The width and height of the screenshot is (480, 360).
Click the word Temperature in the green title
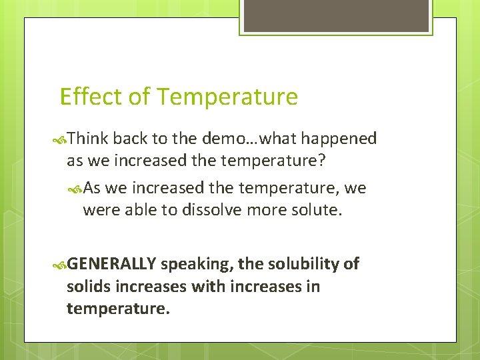[227, 97]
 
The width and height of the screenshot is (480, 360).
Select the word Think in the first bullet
[88, 139]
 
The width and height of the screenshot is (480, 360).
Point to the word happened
[338, 139]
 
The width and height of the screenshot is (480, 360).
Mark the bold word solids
[87, 287]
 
